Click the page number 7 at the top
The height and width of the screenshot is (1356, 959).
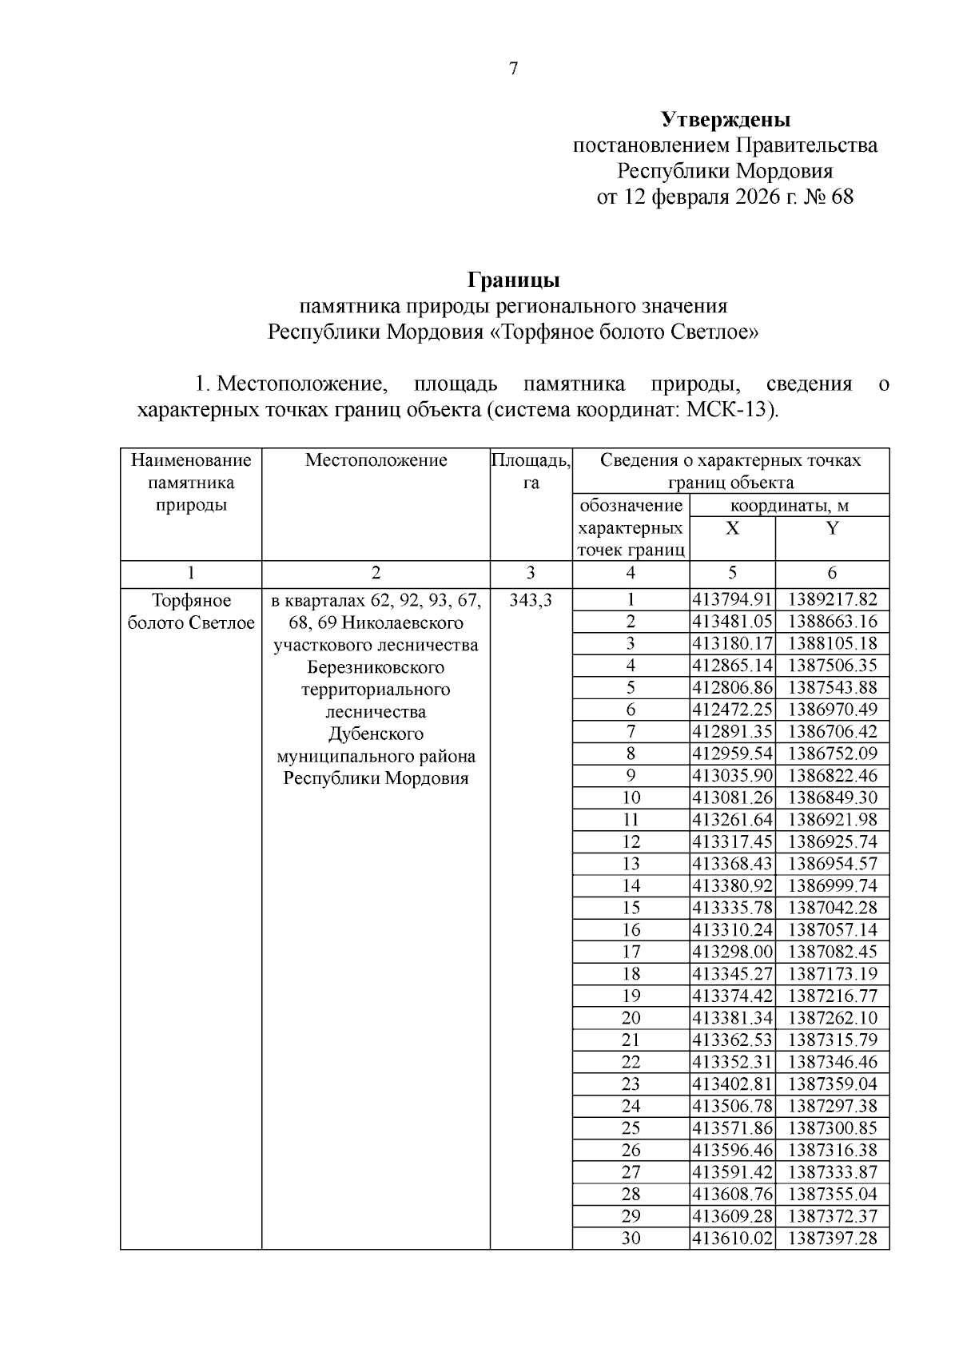tap(514, 69)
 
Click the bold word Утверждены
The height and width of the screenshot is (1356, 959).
tap(726, 120)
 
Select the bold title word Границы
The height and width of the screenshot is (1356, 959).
tap(513, 280)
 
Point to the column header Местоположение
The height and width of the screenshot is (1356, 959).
tap(376, 460)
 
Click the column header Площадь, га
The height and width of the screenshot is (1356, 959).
tap(531, 471)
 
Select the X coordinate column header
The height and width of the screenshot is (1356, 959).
tap(732, 529)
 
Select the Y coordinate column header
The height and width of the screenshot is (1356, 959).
tap(832, 529)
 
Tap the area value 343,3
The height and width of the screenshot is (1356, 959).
tap(531, 600)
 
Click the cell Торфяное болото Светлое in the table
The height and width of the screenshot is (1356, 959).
tap(191, 611)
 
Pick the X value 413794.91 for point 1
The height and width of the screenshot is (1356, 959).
tap(732, 600)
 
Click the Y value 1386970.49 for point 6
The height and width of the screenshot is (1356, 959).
tap(832, 710)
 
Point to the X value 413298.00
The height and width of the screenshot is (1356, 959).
tap(732, 952)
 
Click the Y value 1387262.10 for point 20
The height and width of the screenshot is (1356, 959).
tap(832, 1018)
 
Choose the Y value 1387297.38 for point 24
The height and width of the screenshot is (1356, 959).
tap(832, 1106)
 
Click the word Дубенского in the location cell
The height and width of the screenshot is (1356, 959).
tap(376, 734)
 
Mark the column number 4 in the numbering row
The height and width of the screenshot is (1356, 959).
tap(631, 573)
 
